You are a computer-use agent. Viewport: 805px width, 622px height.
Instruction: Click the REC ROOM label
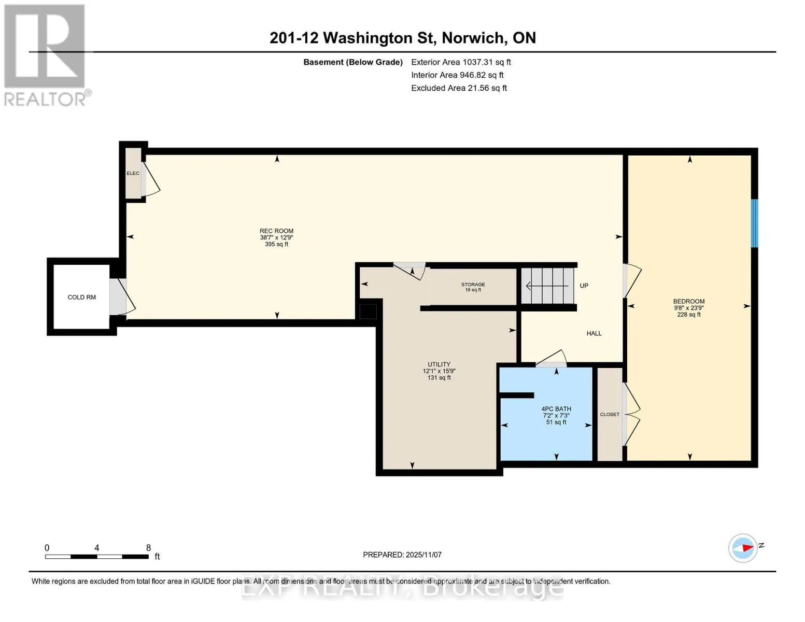276,231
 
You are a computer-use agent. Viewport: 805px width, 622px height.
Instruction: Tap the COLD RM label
81,297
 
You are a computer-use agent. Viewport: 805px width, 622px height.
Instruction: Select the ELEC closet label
133,173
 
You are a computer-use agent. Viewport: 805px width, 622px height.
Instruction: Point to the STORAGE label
473,285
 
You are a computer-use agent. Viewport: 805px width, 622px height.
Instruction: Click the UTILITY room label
439,364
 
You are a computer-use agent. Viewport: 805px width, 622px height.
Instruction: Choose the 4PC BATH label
556,408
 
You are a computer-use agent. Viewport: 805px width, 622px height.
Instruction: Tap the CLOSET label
610,414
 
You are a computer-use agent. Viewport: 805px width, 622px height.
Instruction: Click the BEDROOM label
689,301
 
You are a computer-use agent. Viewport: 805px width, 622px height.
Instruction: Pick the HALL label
594,333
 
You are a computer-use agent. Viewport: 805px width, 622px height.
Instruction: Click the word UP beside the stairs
584,286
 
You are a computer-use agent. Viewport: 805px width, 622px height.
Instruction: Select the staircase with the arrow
547,286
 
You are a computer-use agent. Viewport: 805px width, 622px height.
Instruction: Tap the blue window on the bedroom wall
754,223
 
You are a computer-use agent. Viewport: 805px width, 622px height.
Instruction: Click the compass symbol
742,548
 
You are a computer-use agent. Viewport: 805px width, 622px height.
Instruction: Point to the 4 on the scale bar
97,547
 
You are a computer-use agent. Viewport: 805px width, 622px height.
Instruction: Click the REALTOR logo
47,55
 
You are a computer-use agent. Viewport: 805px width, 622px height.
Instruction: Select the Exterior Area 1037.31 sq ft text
461,62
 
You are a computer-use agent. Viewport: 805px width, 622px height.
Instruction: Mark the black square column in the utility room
368,312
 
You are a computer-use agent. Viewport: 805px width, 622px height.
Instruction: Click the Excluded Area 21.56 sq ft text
459,88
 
